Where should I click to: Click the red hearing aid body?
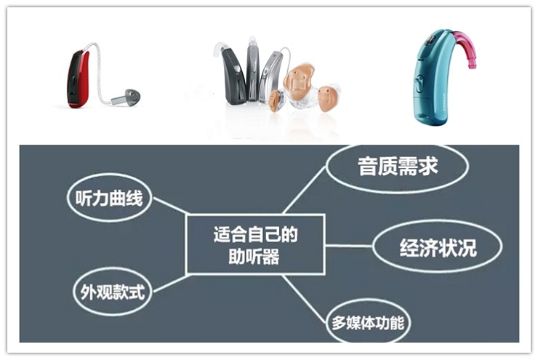tap(79, 79)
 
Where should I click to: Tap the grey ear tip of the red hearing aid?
tap(132, 95)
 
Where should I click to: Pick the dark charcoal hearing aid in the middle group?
tap(234, 76)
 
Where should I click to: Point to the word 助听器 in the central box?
tap(255, 257)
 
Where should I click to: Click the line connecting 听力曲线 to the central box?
tap(169, 206)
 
